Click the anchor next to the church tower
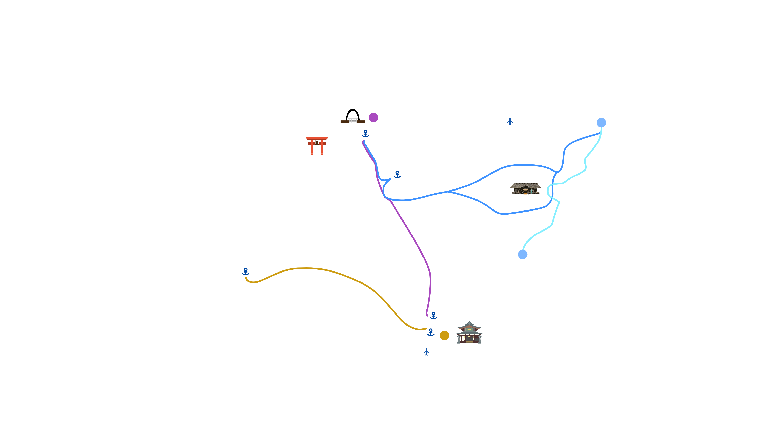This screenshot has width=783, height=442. (x=365, y=133)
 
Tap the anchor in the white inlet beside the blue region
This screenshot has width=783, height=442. (x=397, y=174)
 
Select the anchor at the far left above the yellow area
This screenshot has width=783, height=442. (x=246, y=271)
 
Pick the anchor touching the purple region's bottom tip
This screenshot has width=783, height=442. (x=434, y=316)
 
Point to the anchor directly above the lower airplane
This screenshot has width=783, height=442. (x=431, y=332)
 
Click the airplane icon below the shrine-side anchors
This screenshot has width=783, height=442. (x=426, y=352)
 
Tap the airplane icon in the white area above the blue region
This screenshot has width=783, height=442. (x=510, y=121)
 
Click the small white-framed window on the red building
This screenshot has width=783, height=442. (x=317, y=142)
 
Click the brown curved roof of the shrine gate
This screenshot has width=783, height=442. (x=469, y=327)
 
